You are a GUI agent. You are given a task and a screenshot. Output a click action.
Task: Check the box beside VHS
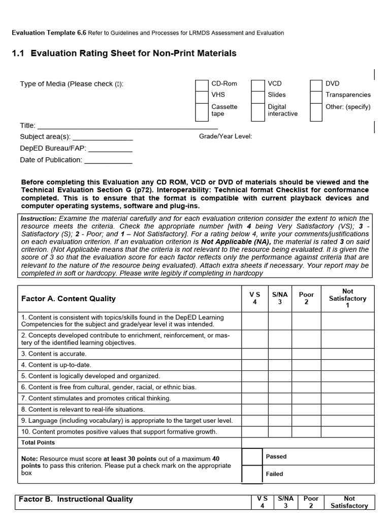pos(202,95)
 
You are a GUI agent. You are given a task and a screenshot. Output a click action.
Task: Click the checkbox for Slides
pos(258,95)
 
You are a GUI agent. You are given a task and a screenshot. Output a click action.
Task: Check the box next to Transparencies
pos(316,95)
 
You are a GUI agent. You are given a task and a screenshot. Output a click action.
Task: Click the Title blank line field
pos(127,126)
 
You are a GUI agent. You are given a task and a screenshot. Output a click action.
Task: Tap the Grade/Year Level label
pos(225,136)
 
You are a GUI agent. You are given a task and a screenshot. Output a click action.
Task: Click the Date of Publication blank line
pos(108,160)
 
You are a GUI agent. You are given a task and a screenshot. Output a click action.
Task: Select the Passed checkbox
pos(252,457)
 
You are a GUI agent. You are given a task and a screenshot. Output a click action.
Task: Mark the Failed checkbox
pos(252,474)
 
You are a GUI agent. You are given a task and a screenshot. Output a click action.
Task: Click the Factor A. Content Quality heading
pos(69,299)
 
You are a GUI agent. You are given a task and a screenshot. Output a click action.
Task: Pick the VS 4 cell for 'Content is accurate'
pos(254,354)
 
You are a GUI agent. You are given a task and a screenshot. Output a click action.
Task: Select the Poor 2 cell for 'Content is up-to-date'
pos(306,365)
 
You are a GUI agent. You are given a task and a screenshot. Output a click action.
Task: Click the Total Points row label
pos(38,443)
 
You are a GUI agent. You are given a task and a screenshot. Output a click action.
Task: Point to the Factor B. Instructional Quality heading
pos(76,499)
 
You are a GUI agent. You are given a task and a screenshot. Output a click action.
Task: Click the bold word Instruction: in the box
pos(39,218)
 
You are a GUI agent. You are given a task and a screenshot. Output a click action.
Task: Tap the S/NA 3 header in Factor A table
pos(280,298)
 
